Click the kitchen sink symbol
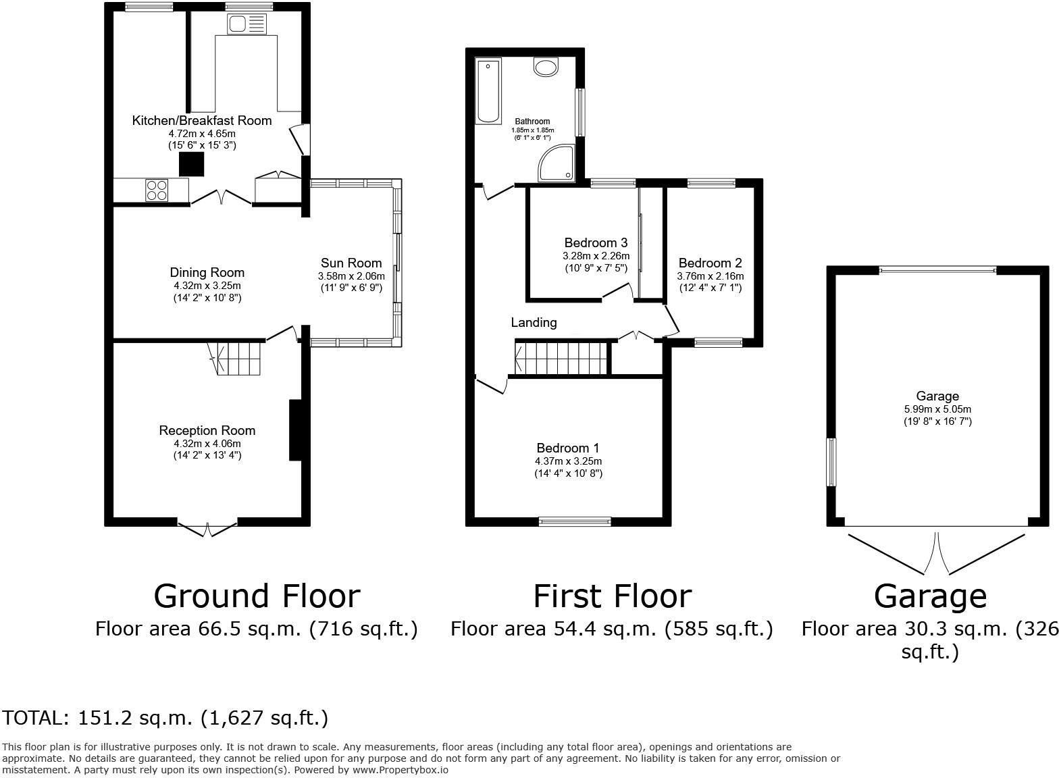248,25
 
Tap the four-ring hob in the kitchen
157,190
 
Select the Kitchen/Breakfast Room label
201,121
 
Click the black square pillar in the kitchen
191,164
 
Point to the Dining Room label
207,273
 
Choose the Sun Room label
351,263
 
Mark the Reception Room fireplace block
295,430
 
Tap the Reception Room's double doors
207,527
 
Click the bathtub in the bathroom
488,91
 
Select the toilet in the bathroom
546,67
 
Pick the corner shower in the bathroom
558,164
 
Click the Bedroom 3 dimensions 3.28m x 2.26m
596,256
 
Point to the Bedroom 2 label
711,263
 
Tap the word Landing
534,323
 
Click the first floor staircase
561,357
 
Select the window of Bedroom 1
575,521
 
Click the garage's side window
831,462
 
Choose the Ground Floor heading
257,596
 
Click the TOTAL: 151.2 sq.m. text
165,718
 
